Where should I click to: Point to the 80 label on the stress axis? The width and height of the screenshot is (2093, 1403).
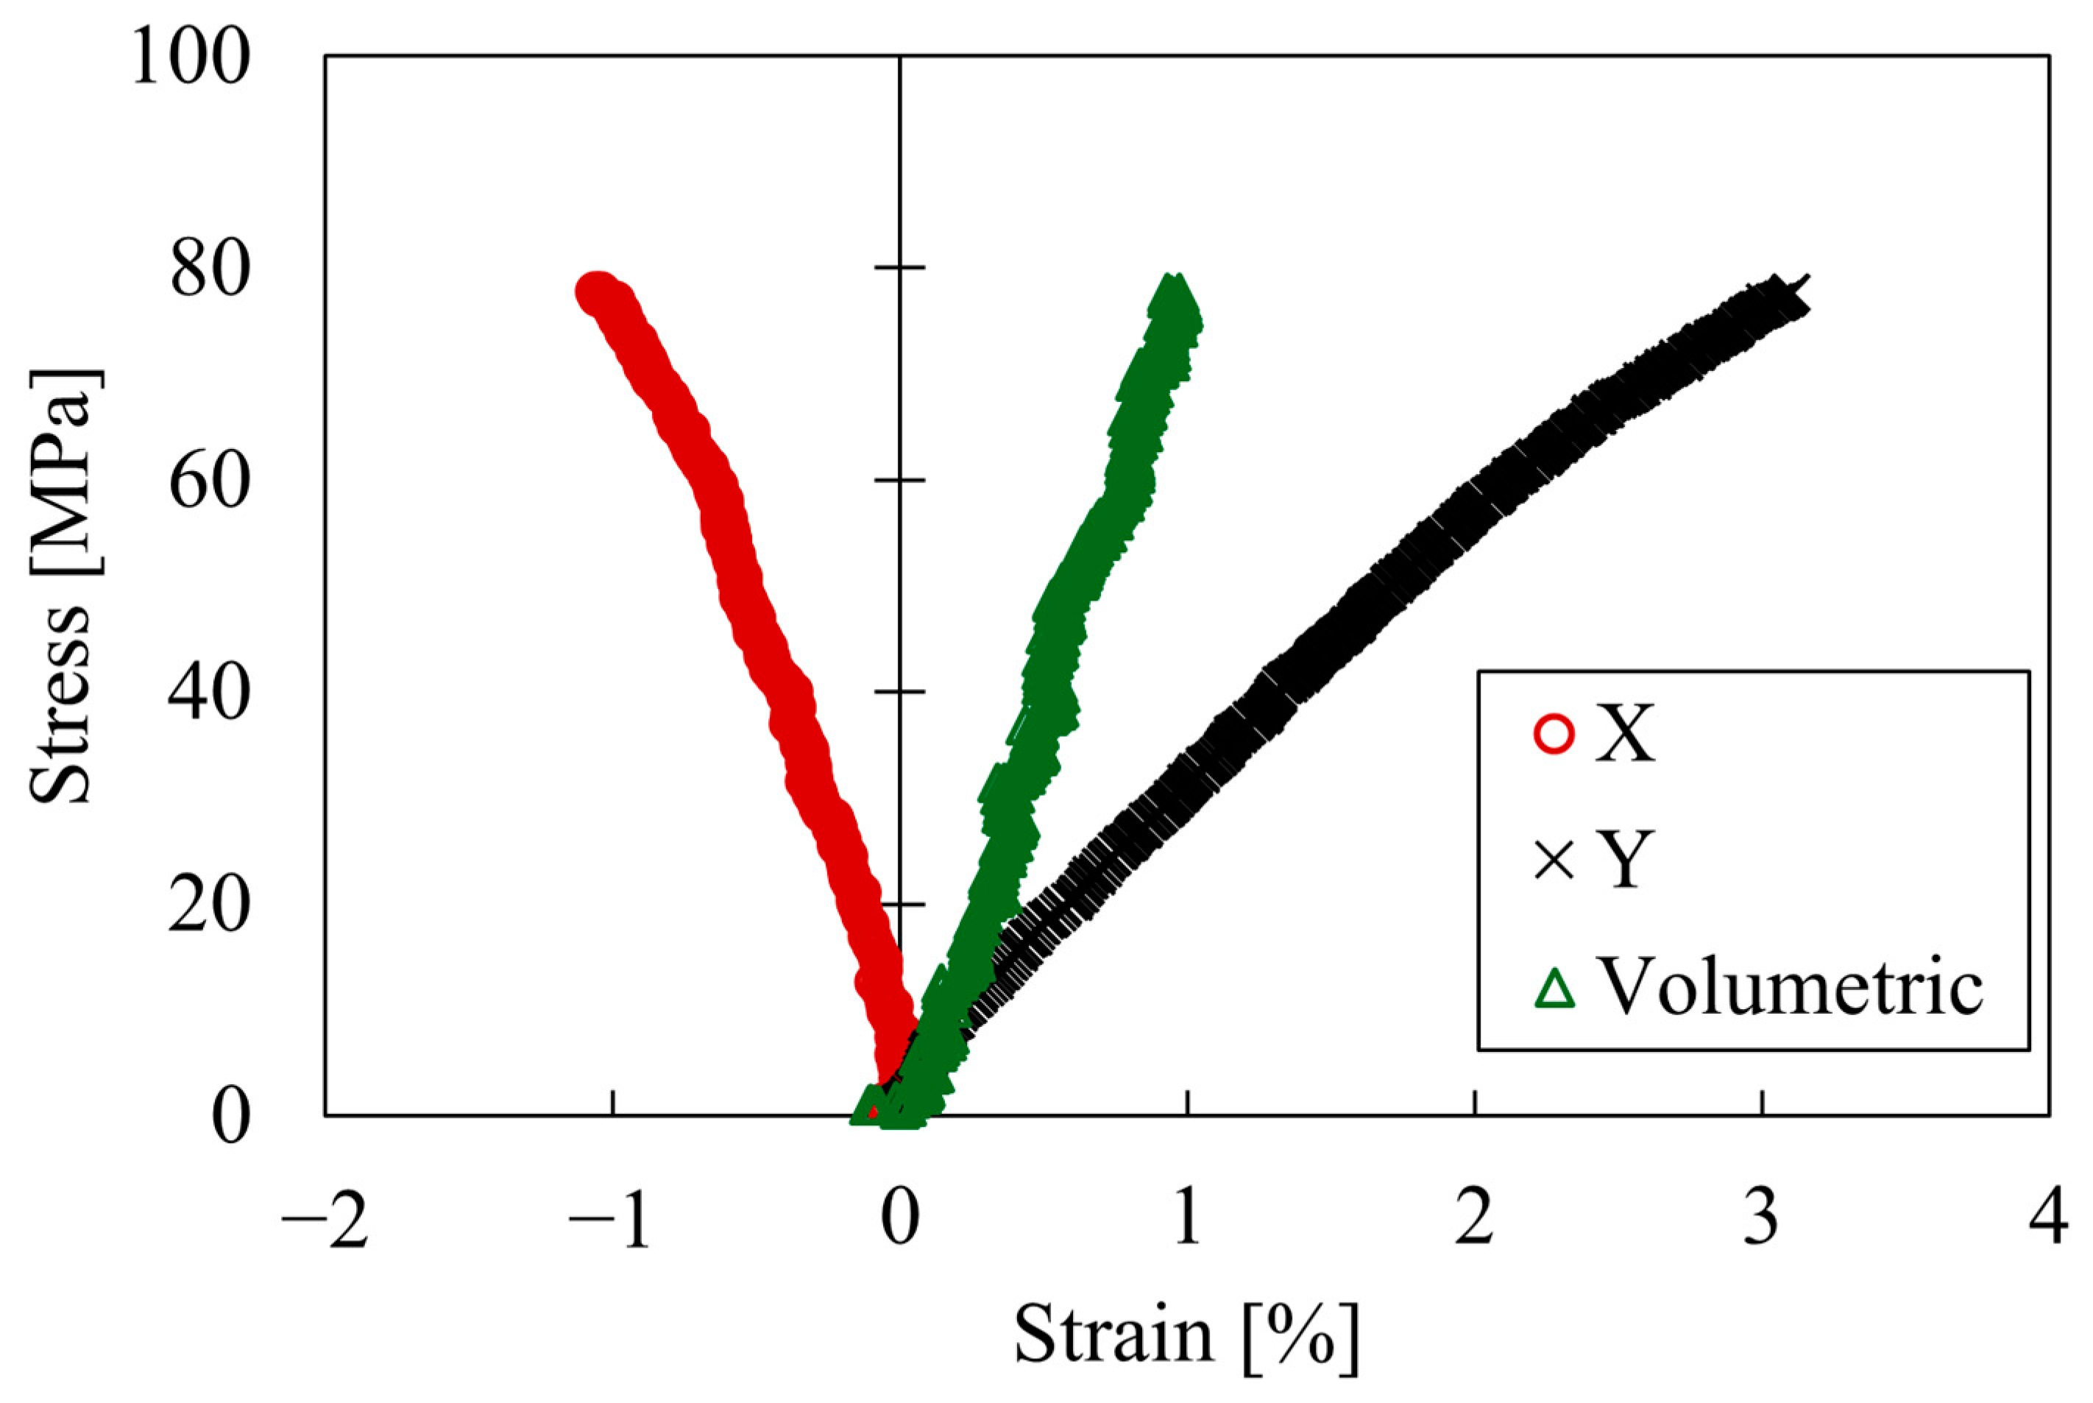pos(208,270)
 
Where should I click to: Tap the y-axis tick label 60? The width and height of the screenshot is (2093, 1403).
pos(208,482)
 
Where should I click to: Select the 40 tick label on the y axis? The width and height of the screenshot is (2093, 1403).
pos(208,693)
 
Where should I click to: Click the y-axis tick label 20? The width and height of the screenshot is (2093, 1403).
pos(208,905)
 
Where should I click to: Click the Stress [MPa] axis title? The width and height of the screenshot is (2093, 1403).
pos(61,586)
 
